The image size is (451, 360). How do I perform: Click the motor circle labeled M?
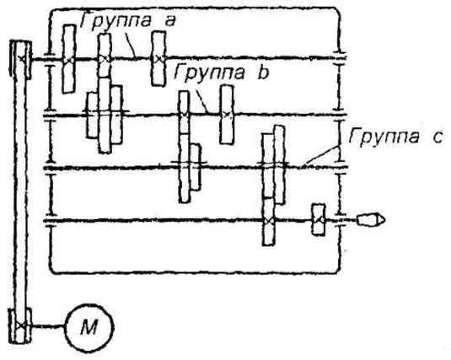click(89, 328)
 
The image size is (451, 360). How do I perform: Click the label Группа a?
click(127, 21)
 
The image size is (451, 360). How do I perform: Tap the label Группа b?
click(222, 72)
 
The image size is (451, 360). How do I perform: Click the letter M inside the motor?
click(89, 327)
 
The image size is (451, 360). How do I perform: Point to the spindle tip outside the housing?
click(371, 220)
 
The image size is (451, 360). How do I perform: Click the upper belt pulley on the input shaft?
click(20, 60)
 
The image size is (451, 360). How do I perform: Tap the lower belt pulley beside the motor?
click(20, 325)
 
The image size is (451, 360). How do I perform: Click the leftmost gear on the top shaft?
click(69, 59)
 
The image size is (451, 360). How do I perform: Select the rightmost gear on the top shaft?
click(158, 59)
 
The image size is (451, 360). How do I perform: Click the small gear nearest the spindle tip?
click(319, 220)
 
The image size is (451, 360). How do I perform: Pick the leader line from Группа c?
click(319, 157)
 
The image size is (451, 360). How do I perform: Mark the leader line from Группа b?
click(201, 101)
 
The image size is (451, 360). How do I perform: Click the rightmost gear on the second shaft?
click(227, 115)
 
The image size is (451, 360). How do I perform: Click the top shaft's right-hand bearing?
click(340, 57)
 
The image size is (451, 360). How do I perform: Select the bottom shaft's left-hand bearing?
click(51, 221)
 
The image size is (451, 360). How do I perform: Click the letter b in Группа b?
click(263, 72)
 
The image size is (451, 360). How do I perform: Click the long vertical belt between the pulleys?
click(20, 193)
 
